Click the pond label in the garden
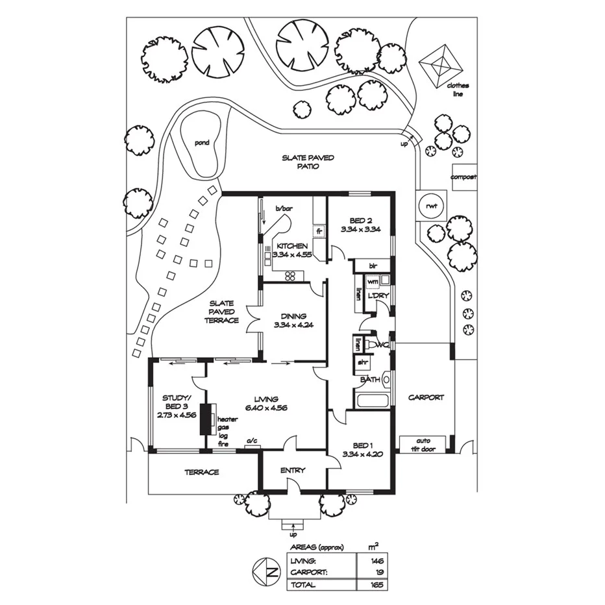202,143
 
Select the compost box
464,177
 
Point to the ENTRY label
292,471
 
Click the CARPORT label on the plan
426,397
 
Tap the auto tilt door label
426,445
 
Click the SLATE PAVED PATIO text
308,162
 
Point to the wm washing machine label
372,282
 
